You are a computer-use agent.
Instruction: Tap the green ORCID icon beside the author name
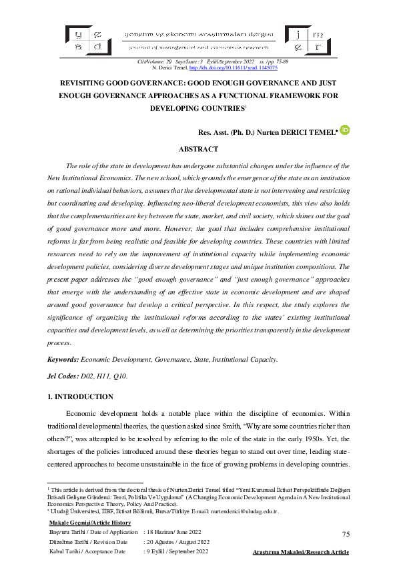345,130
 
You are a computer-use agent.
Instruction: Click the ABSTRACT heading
198,149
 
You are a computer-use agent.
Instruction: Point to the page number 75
346,534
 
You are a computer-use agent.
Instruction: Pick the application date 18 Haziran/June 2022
175,532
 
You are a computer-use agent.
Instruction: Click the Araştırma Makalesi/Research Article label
302,553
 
